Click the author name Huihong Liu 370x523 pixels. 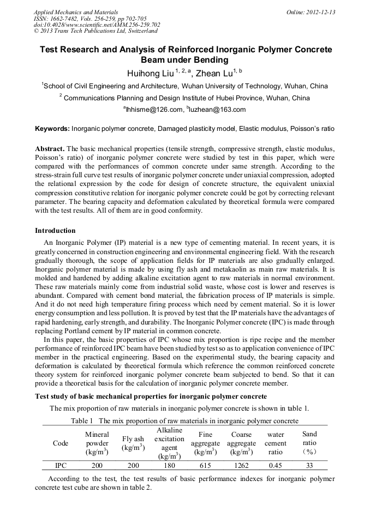click(142, 74)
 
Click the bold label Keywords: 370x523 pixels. click(52, 129)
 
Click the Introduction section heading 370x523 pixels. click(55, 231)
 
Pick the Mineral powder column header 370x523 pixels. click(97, 443)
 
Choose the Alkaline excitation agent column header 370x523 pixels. click(169, 443)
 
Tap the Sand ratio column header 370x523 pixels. click(309, 443)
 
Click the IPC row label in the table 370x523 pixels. click(61, 466)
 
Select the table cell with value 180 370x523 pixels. click(169, 466)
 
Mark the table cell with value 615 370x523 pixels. click(205, 466)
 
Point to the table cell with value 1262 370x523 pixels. click(241, 466)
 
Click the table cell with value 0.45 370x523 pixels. click(276, 466)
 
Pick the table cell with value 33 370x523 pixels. click(309, 466)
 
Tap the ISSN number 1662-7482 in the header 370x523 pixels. click(61, 19)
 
